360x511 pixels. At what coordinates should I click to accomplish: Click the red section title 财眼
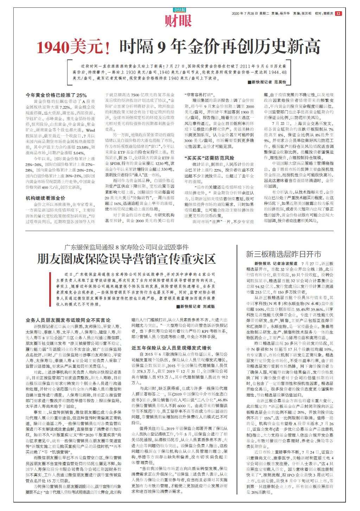[x=179, y=21]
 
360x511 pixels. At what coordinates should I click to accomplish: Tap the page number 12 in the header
[x=338, y=14]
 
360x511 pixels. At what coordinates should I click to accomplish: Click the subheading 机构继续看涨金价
[x=45, y=198]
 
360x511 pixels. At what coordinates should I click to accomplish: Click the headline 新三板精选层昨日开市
[x=283, y=254]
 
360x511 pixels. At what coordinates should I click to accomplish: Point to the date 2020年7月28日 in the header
[x=245, y=14]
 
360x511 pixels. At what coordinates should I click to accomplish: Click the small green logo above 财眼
[x=179, y=10]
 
